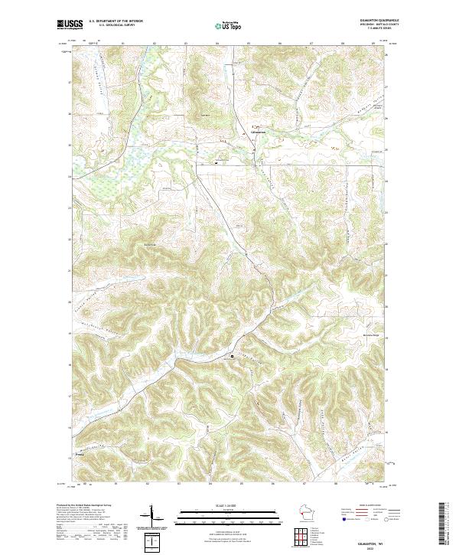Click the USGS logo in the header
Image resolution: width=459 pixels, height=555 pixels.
click(70, 24)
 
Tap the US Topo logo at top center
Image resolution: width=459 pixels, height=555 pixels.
click(230, 24)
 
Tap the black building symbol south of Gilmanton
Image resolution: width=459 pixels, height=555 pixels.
click(216, 162)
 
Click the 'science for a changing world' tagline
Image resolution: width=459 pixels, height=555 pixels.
click(70, 29)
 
